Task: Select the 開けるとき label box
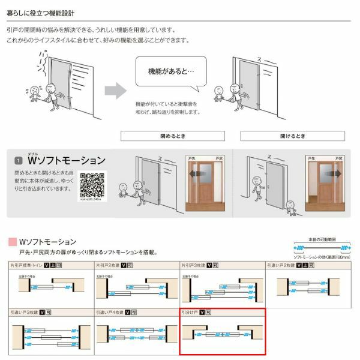coord(292,136)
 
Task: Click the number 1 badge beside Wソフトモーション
coord(19,161)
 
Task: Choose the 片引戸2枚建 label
coord(107,265)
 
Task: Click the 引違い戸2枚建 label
coord(281,265)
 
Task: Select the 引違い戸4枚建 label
coord(109,313)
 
